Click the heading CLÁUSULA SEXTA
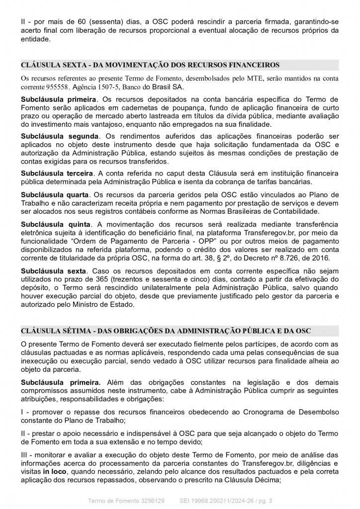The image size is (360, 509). point(150,65)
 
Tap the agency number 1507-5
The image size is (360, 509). point(103,86)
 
